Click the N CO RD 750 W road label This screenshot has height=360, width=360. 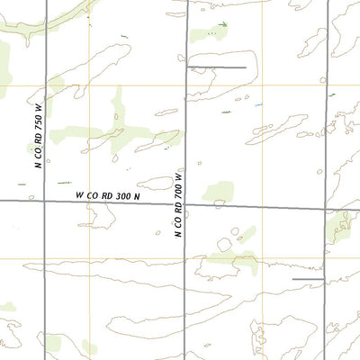39,139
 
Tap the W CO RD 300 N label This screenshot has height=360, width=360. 108,194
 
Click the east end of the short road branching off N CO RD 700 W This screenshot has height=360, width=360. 246,67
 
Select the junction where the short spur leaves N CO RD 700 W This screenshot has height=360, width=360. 186,67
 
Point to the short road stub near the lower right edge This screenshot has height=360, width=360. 308,279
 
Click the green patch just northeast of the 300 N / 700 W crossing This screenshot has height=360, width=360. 218,192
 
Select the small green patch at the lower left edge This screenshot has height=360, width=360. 7,307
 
